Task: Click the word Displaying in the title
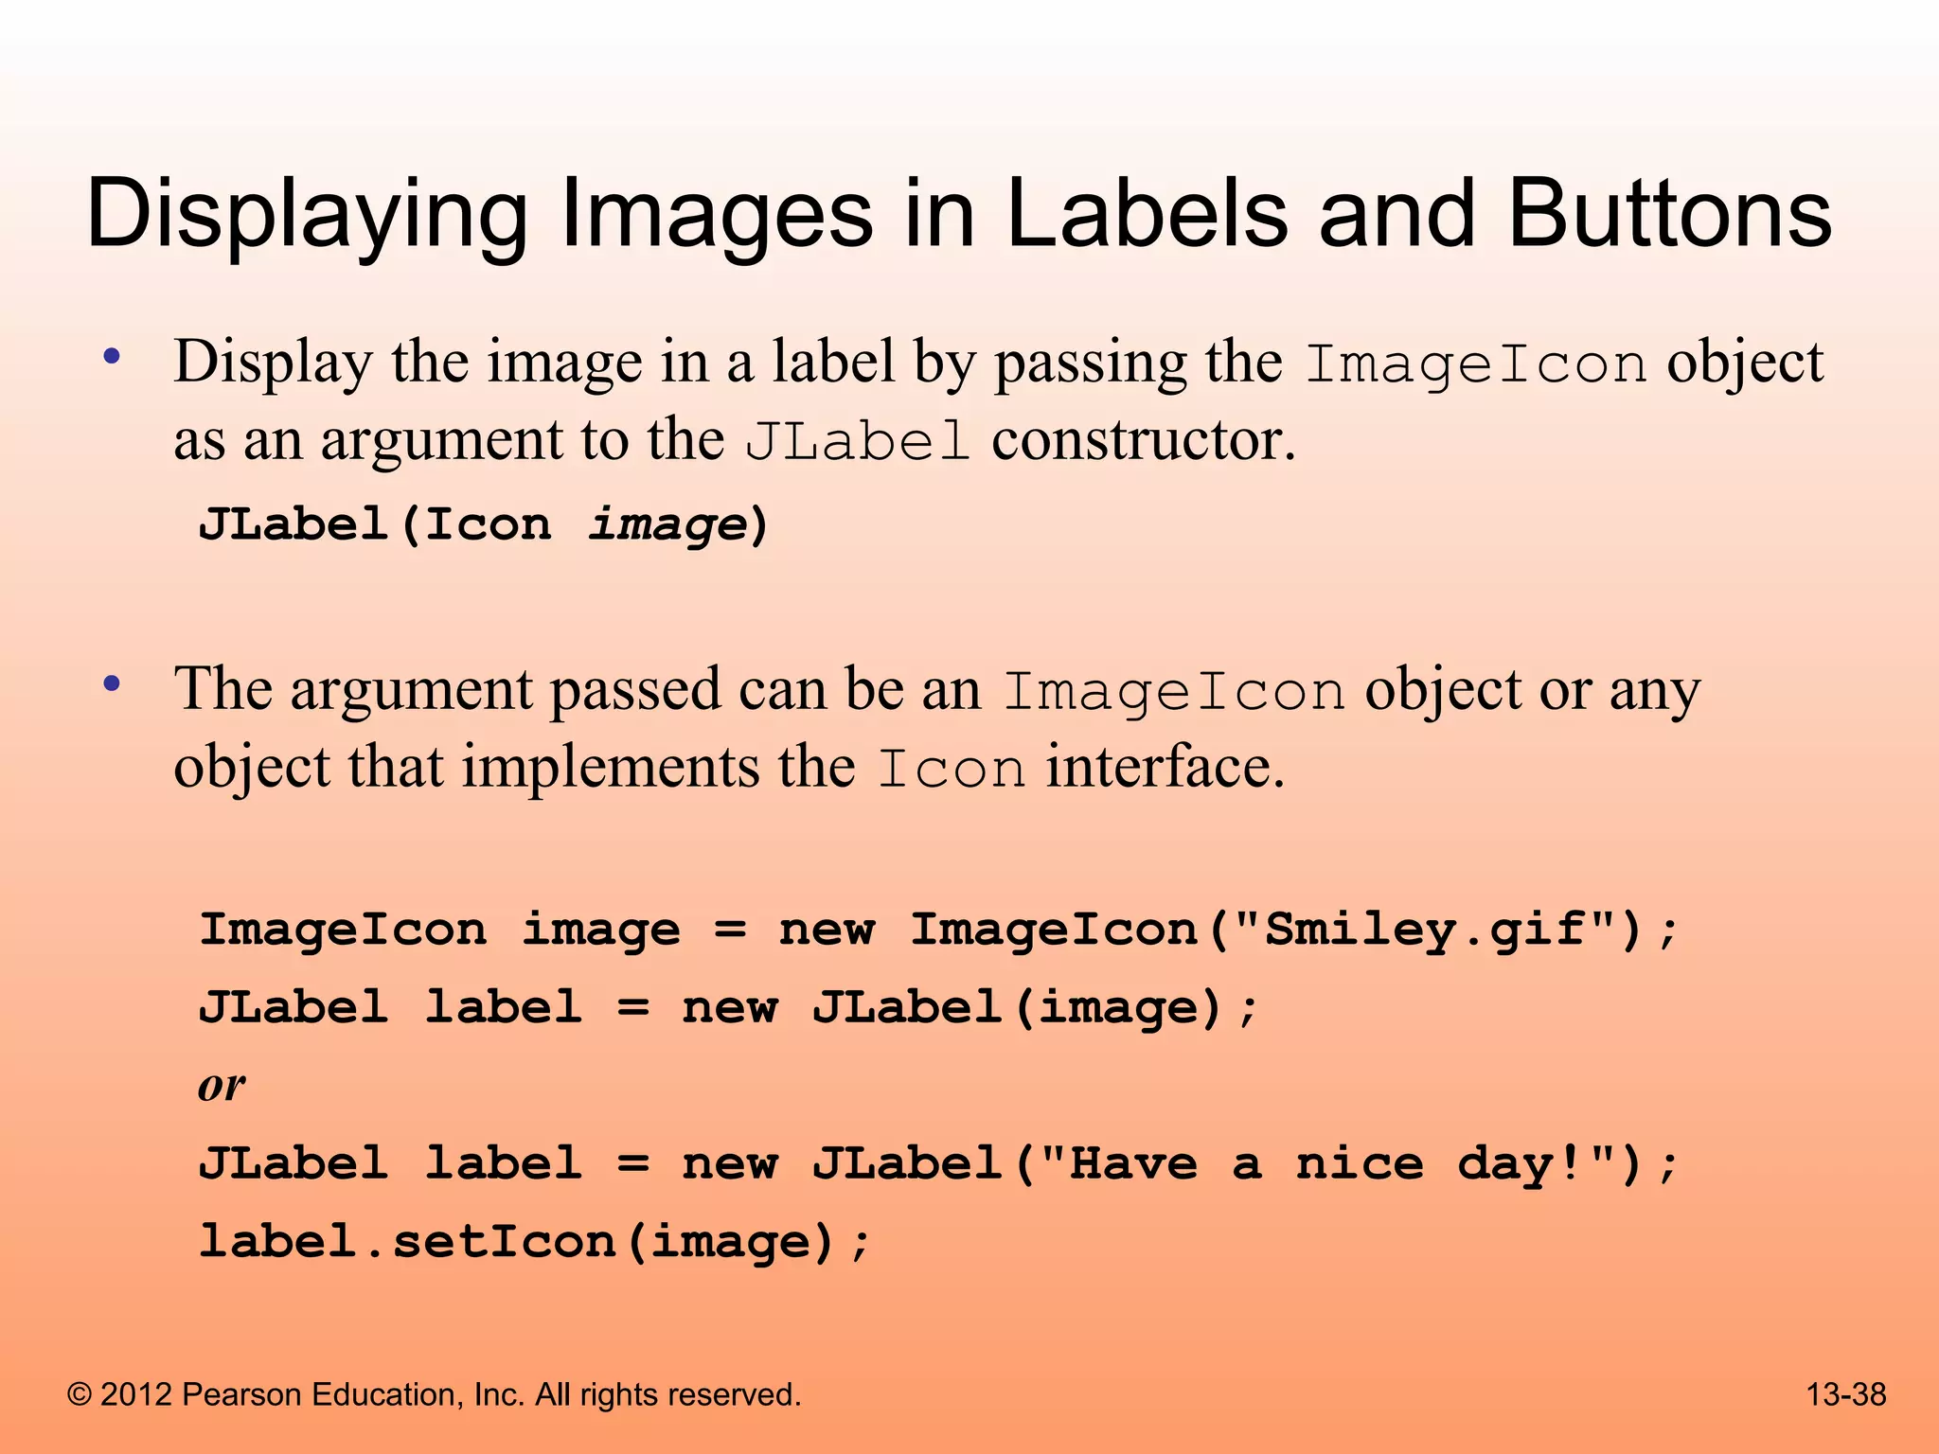pos(307,216)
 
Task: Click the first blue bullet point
pos(113,358)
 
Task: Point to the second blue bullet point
pos(113,683)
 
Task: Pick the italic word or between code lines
pos(222,1085)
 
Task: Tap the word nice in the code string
pos(1359,1163)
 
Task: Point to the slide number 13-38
pos(1846,1394)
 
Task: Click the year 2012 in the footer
pos(136,1394)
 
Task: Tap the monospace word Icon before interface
pos(951,769)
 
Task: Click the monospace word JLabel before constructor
pos(857,442)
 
